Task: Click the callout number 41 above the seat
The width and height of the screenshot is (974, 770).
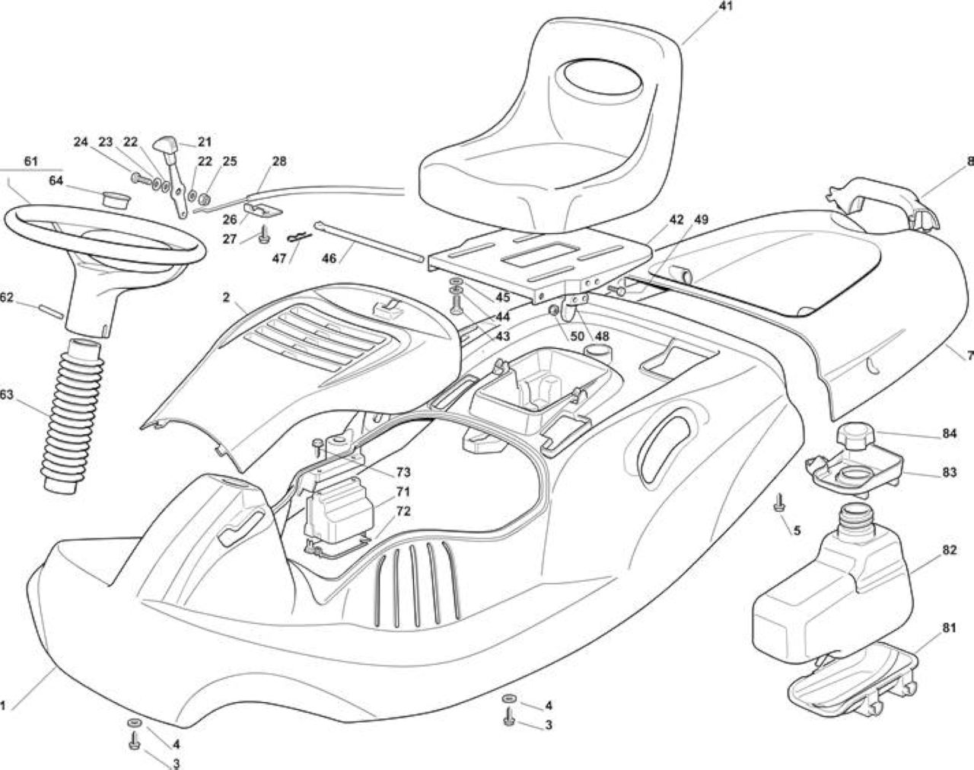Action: click(725, 6)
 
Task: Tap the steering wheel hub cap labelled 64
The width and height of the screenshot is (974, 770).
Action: click(116, 200)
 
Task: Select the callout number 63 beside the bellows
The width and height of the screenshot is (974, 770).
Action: click(6, 395)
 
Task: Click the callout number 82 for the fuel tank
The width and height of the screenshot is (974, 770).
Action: click(950, 550)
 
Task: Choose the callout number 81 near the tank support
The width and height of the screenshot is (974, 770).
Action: click(949, 628)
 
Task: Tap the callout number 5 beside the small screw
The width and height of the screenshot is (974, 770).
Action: click(797, 530)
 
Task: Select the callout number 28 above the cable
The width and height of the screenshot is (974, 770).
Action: click(279, 161)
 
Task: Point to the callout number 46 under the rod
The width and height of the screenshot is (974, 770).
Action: click(329, 258)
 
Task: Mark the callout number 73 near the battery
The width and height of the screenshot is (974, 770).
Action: click(403, 472)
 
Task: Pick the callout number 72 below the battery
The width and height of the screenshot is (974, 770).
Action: click(403, 511)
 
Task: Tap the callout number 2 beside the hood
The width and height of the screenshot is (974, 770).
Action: click(226, 297)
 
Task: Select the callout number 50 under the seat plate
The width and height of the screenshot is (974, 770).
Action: click(578, 336)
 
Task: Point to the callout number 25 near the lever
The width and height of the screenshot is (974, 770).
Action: click(230, 161)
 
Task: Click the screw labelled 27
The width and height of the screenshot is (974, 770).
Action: click(263, 235)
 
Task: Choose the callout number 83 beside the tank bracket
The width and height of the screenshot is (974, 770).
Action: click(950, 472)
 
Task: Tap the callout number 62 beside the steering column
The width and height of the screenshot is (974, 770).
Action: click(6, 297)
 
